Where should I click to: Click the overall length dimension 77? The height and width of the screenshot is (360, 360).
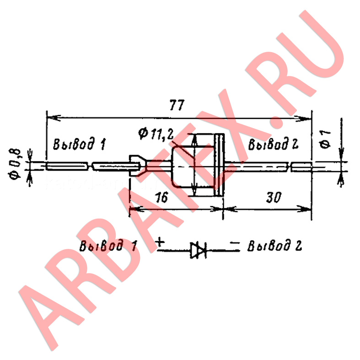pos(177,105)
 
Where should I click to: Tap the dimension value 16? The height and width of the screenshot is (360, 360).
pos(161,197)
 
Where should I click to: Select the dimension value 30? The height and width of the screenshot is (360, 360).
pos(274,197)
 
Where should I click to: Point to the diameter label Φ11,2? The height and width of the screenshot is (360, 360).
pos(156,134)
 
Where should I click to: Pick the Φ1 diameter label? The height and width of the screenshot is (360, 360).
pos(325,139)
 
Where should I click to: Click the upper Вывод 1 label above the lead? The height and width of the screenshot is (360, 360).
pos(80,144)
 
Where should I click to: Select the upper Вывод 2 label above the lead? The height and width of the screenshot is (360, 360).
pos(273,144)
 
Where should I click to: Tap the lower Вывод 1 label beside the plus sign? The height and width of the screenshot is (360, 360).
pos(108,245)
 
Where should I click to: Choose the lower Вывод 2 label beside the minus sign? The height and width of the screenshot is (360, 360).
pos(274,245)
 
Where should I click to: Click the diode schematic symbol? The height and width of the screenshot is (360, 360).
pos(199,250)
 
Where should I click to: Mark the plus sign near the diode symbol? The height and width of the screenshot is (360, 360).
pos(160,242)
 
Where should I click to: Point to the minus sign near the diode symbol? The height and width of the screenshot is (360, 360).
pos(235,242)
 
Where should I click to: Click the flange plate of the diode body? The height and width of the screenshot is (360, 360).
pos(219,165)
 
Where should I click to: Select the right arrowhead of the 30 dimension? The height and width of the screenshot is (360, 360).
pos(305,209)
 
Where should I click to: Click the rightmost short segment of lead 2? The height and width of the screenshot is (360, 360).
pos(301,167)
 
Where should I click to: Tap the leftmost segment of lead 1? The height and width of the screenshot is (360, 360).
pos(67,166)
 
